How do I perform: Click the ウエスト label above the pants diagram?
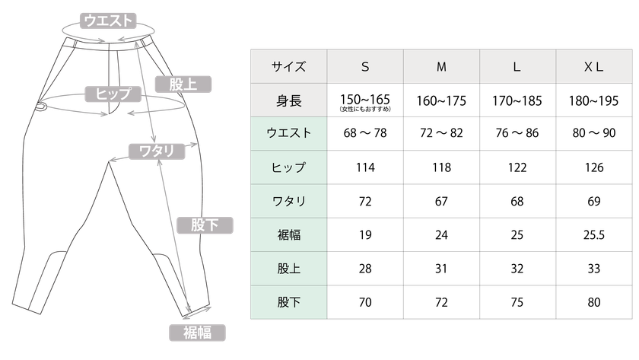pos(108,21)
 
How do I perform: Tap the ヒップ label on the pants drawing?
pos(113,94)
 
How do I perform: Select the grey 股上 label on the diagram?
pos(183,84)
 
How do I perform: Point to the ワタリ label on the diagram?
pos(157,151)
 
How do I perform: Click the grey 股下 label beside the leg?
pos(205,225)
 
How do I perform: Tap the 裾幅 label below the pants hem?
pos(197,333)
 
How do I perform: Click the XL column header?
pos(594,67)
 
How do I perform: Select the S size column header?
pos(365,67)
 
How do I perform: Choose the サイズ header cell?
pos(288,67)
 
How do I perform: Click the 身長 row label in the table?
pos(288,100)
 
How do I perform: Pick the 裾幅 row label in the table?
pos(288,235)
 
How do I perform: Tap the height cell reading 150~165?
pos(365,100)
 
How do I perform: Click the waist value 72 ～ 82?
pos(441,133)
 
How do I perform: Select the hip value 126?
pos(594,167)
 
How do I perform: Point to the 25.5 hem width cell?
pos(594,235)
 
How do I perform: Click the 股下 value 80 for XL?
pos(594,302)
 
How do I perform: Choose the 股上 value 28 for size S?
pos(365,269)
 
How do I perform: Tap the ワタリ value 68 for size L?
pos(517,202)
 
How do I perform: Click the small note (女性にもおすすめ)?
pos(365,109)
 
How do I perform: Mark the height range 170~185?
pos(517,100)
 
